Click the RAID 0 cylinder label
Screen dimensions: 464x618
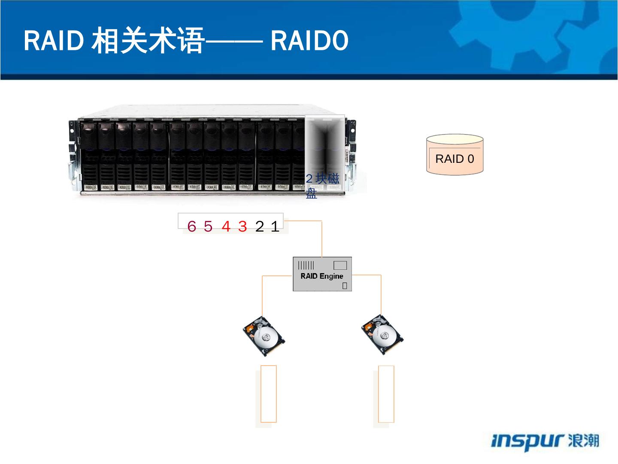[454, 159]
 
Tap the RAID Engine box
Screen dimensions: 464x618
[322, 274]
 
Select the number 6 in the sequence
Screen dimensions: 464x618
[191, 226]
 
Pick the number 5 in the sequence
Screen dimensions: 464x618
[208, 226]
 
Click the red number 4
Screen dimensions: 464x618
[226, 226]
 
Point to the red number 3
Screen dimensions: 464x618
[242, 226]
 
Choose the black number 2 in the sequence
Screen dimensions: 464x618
[260, 226]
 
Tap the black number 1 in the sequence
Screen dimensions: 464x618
[275, 226]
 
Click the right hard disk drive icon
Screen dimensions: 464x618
[382, 335]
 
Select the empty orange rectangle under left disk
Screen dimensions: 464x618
[269, 394]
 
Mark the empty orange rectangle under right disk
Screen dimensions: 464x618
[386, 394]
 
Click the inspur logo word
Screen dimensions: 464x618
[527, 442]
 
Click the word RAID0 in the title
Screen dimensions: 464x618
[309, 42]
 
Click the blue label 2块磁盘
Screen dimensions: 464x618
[322, 186]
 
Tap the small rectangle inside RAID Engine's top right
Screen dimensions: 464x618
[340, 265]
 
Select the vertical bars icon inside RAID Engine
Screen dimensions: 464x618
[306, 265]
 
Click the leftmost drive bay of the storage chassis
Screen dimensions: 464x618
[89, 157]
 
